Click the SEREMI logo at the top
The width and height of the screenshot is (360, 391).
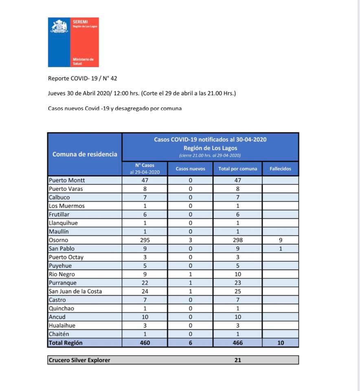point(73,42)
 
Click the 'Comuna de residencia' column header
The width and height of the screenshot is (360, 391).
point(85,154)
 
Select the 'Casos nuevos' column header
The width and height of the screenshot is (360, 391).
point(191,169)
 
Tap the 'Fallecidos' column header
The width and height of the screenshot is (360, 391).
point(280,169)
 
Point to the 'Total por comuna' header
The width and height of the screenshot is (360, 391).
point(238,169)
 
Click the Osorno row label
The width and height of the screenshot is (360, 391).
point(59,240)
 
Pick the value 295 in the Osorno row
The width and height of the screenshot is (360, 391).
point(145,240)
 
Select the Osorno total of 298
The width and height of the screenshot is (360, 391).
point(238,240)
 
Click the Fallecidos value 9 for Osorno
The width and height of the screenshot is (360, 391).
point(280,240)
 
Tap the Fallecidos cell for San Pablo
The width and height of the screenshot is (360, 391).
point(280,248)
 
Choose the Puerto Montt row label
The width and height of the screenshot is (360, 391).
point(67,180)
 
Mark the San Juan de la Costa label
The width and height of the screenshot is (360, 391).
point(75,291)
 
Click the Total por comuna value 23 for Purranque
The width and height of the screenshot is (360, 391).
point(238,283)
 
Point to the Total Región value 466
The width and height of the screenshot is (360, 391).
point(238,343)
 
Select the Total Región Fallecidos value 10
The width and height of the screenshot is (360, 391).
point(280,343)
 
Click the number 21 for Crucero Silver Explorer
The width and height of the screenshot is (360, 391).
point(238,360)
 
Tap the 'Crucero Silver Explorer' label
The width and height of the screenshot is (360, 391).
point(79,360)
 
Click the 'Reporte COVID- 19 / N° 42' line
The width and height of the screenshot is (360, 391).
point(83,78)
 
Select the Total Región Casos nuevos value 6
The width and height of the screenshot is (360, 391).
point(191,343)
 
